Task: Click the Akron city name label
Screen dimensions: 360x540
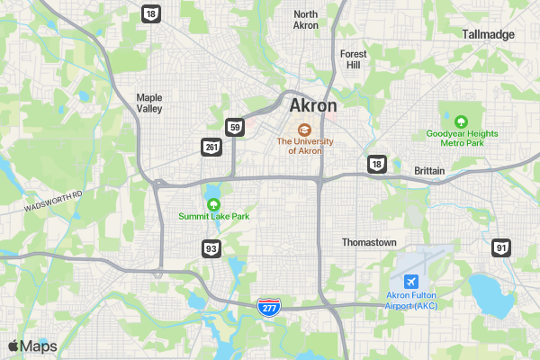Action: tap(313, 105)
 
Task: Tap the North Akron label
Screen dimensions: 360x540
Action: tap(306, 20)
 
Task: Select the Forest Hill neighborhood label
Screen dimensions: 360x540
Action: tap(354, 59)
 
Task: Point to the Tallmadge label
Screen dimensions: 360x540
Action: tap(488, 34)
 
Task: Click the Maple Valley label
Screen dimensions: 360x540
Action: tap(148, 103)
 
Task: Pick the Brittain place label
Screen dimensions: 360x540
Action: tap(430, 170)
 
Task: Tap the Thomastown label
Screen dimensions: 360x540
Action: tap(369, 242)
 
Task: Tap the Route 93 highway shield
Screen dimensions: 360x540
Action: tap(211, 247)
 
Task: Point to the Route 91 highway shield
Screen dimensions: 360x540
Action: tap(501, 247)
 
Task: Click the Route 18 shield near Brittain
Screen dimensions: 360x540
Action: tap(376, 163)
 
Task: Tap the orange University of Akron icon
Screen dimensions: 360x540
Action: tap(304, 129)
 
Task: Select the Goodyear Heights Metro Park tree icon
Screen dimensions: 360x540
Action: tap(461, 121)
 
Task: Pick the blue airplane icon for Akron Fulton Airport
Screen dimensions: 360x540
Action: tap(411, 282)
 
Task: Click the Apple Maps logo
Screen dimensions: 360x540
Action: tap(32, 346)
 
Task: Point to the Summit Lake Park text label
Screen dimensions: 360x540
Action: tap(213, 217)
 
